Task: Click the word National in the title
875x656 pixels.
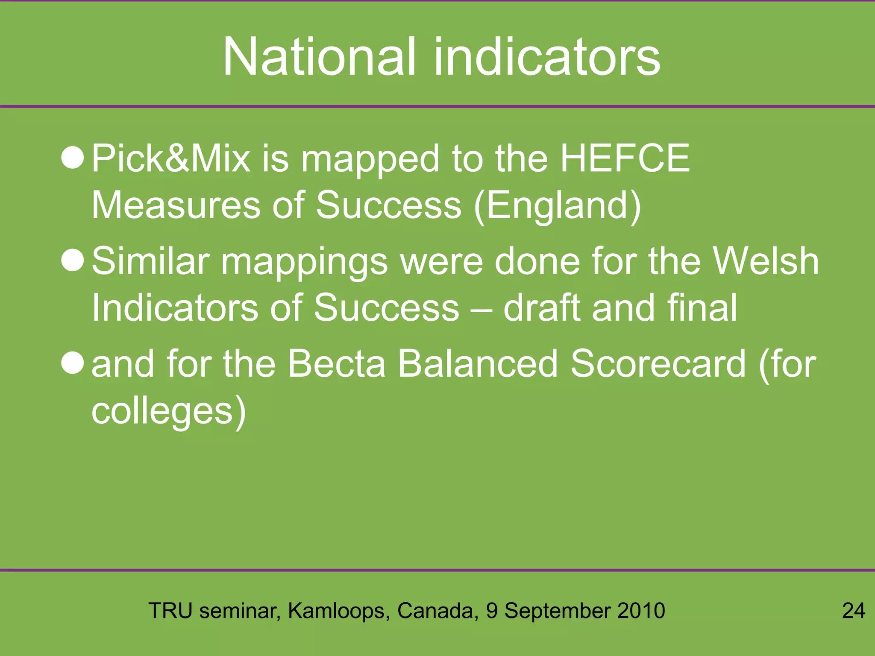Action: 319,57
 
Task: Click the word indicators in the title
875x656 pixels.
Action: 547,57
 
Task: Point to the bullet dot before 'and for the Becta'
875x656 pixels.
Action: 73,363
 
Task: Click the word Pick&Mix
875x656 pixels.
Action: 171,158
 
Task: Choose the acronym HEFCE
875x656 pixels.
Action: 625,158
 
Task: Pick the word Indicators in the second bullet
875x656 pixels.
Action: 174,307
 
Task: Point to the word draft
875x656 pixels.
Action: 541,307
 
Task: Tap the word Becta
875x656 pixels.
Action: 337,363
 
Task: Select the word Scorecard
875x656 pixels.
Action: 658,363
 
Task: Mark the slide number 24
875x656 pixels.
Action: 854,611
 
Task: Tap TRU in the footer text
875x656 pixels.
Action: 170,611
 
